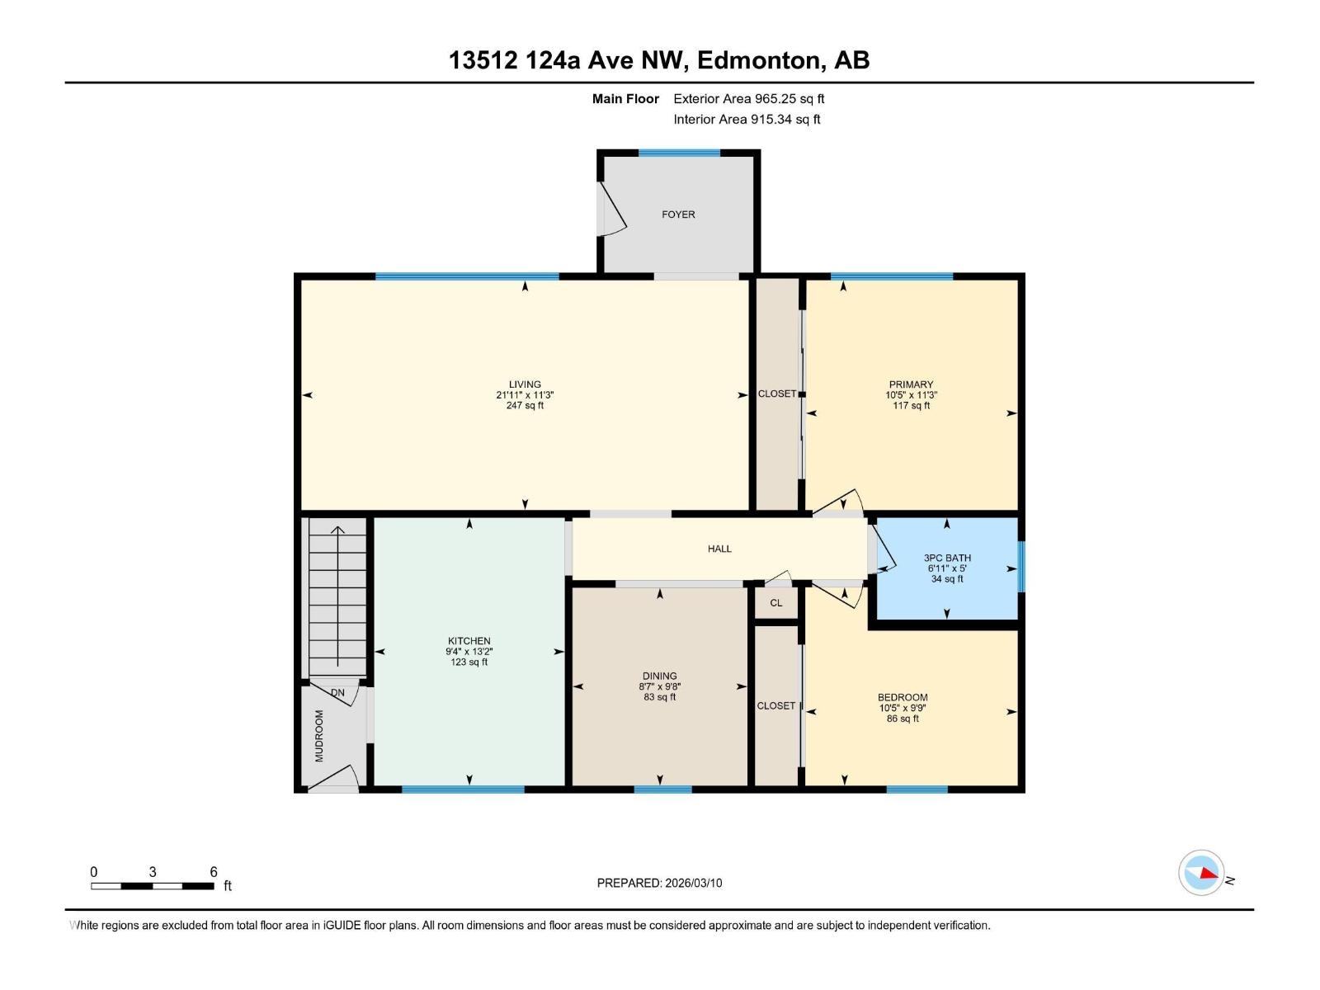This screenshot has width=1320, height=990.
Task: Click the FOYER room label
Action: pyautogui.click(x=678, y=214)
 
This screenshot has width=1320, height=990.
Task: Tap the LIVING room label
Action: pyautogui.click(x=525, y=384)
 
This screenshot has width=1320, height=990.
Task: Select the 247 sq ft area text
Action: pyautogui.click(x=525, y=406)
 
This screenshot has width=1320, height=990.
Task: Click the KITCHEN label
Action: pyautogui.click(x=469, y=641)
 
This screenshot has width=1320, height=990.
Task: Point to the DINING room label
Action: pyautogui.click(x=659, y=676)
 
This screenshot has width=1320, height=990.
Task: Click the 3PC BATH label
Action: pyautogui.click(x=947, y=559)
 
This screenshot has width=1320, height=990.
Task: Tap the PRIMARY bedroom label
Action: pyautogui.click(x=911, y=384)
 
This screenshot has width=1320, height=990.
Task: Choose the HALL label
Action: pyautogui.click(x=719, y=549)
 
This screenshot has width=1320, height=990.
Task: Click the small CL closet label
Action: pyautogui.click(x=775, y=603)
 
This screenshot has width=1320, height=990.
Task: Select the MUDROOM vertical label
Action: pyautogui.click(x=319, y=735)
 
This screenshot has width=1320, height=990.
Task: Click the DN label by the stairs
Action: pyautogui.click(x=337, y=693)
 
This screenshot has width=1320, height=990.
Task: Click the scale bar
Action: pyautogui.click(x=153, y=886)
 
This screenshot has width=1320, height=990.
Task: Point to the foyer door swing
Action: pyautogui.click(x=612, y=210)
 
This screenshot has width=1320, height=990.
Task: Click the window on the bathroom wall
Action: pyautogui.click(x=1021, y=566)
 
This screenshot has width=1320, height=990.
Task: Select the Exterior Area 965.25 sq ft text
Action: pyautogui.click(x=748, y=99)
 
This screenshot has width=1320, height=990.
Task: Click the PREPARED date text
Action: pyautogui.click(x=659, y=883)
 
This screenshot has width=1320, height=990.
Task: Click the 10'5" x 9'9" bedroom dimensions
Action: pyautogui.click(x=903, y=708)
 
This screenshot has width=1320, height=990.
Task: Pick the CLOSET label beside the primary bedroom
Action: pyautogui.click(x=777, y=394)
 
